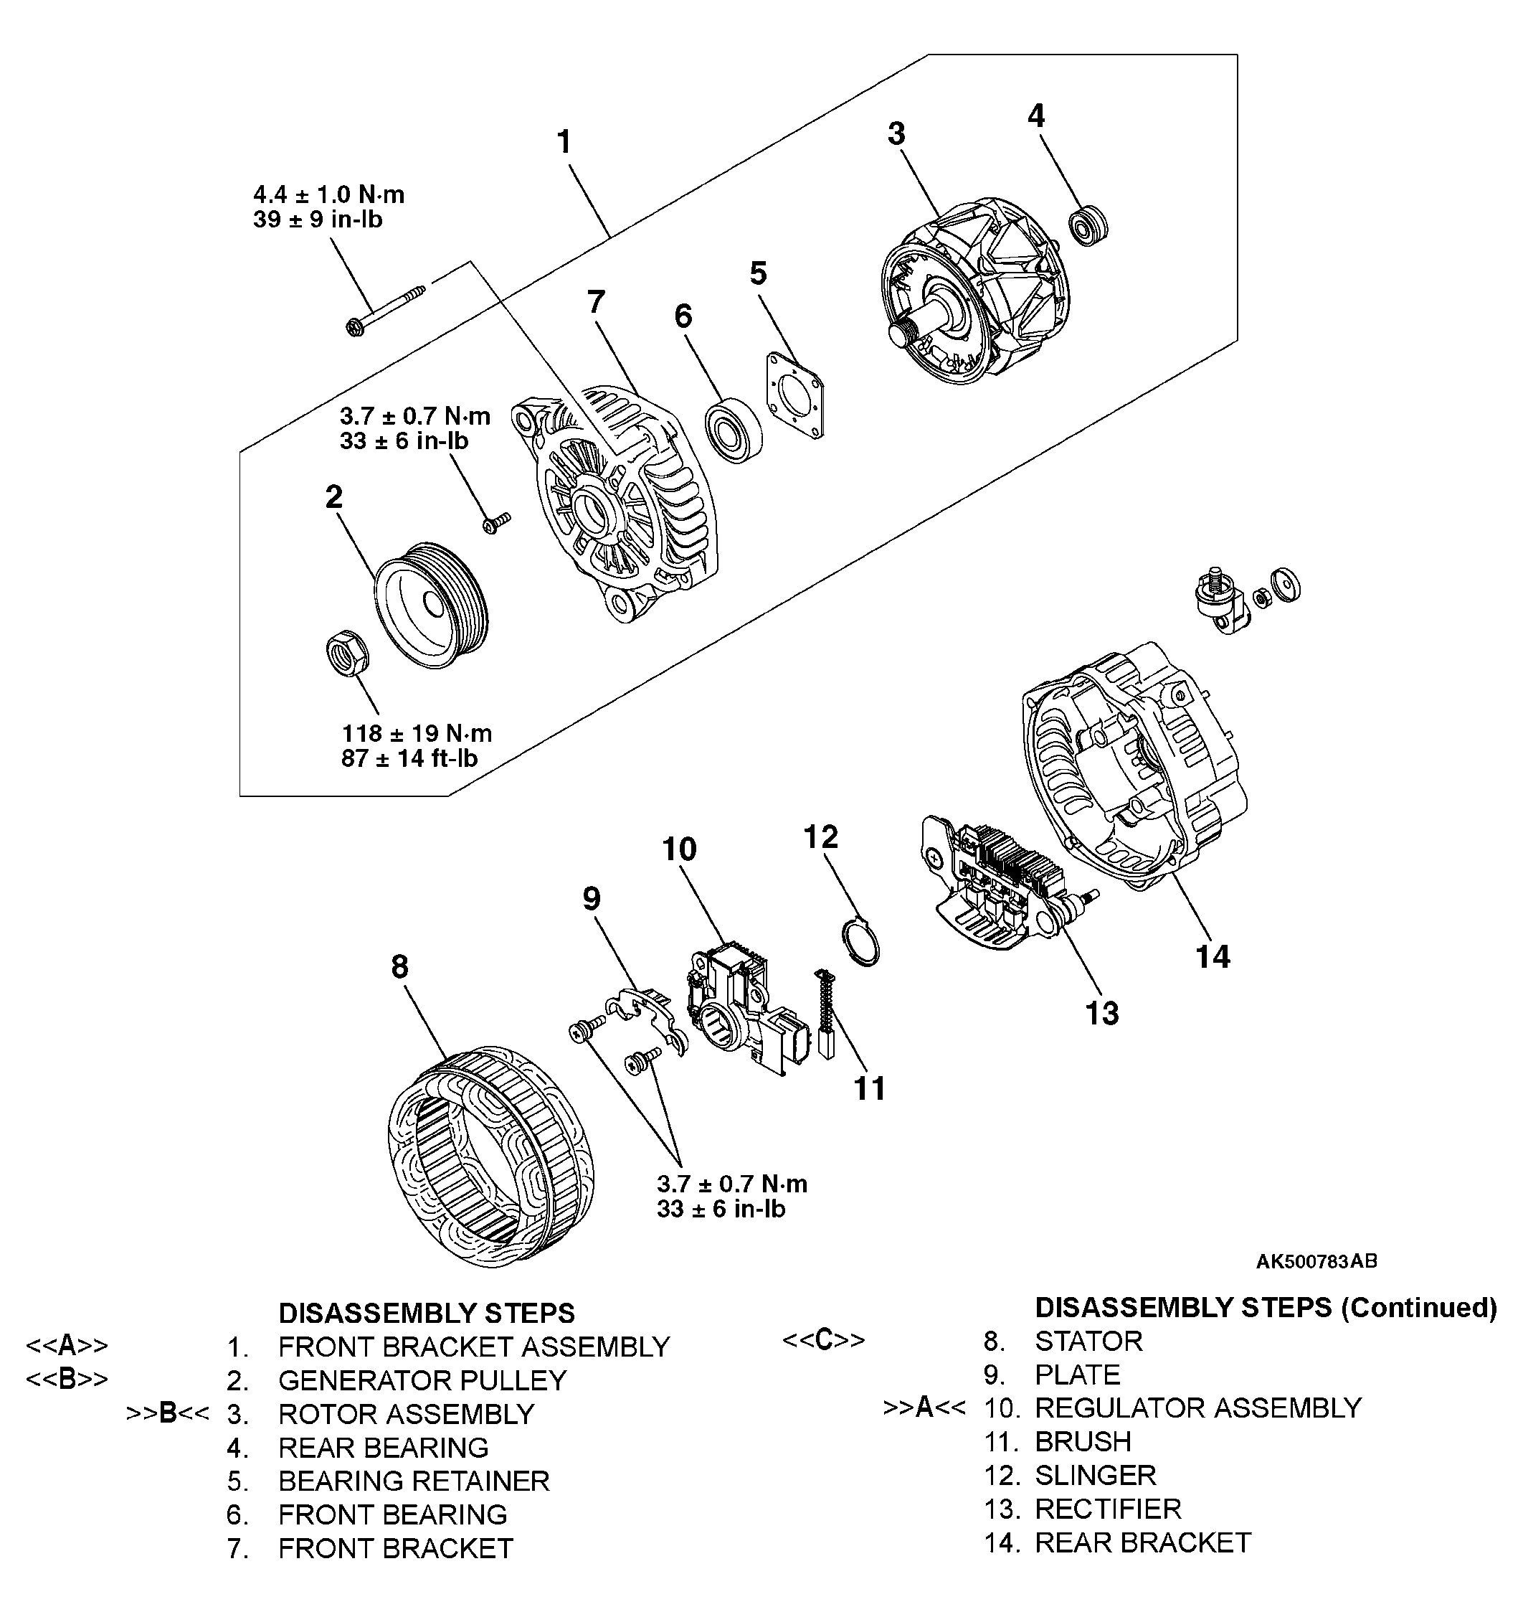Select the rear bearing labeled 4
click(x=1087, y=225)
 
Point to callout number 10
click(x=680, y=849)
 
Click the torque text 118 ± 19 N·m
click(x=417, y=734)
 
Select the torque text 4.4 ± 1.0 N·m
click(x=329, y=195)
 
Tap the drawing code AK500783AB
click(x=1316, y=1261)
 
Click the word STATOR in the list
click(x=1088, y=1341)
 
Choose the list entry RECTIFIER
click(x=1107, y=1509)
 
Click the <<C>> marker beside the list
click(x=823, y=1340)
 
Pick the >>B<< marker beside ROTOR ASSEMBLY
click(x=168, y=1414)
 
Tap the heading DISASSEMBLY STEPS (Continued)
click(x=1266, y=1308)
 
